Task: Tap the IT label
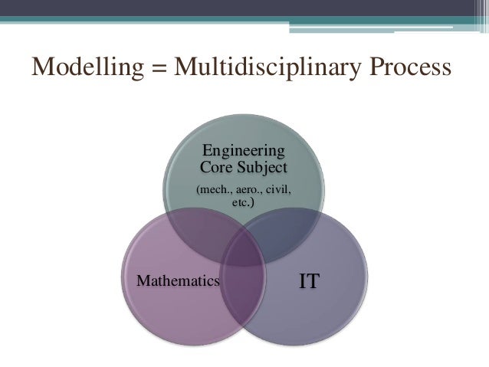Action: [x=310, y=281]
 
